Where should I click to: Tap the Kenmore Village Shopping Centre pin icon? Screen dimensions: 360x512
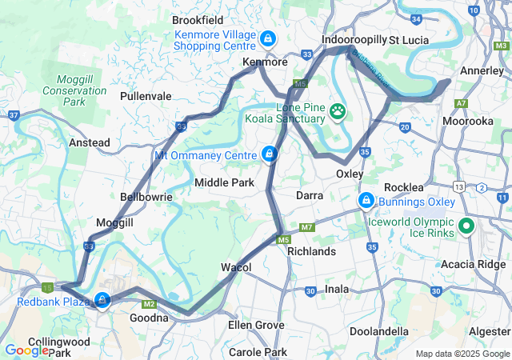(x=267, y=38)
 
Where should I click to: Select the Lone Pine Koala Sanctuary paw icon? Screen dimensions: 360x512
(x=338, y=110)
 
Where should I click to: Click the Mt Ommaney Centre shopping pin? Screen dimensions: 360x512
(x=270, y=153)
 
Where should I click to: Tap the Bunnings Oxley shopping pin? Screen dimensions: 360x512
(x=366, y=199)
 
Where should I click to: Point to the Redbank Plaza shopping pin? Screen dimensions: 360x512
(x=102, y=300)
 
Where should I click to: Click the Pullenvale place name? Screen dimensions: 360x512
(x=146, y=96)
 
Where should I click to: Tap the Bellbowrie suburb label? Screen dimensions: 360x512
(x=141, y=196)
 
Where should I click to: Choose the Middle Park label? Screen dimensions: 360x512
(x=224, y=183)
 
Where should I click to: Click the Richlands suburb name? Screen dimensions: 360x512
(x=311, y=251)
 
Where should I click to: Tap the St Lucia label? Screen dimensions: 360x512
(x=410, y=40)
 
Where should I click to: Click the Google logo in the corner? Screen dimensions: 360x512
(x=26, y=350)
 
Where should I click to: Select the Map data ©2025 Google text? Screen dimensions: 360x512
(x=462, y=354)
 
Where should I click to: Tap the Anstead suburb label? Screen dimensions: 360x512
(x=90, y=142)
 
